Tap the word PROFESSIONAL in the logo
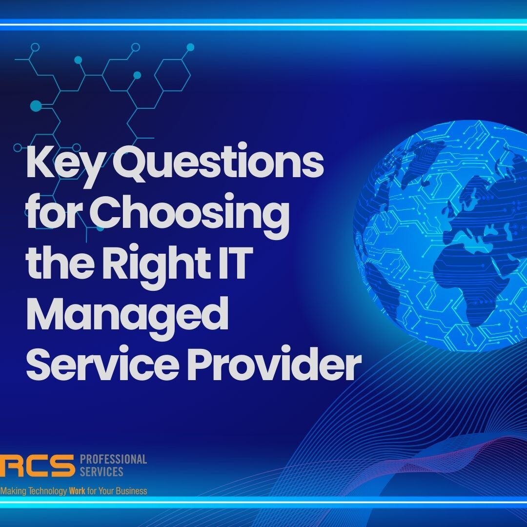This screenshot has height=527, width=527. [113, 459]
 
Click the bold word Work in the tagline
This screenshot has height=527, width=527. [77, 491]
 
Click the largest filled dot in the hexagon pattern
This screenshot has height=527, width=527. [36, 105]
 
